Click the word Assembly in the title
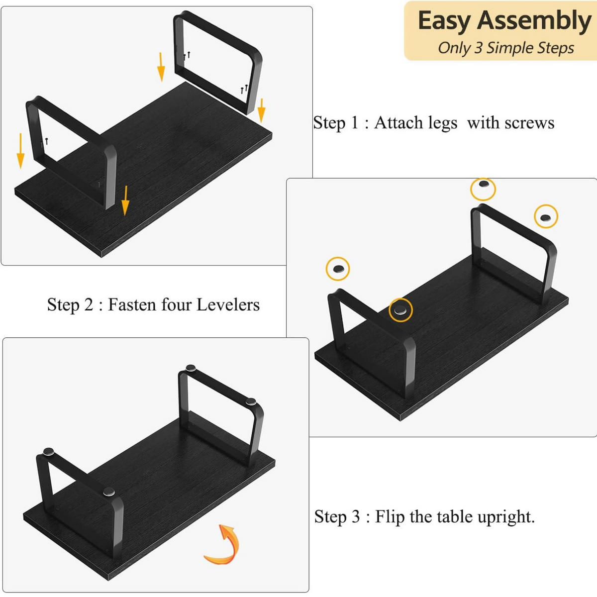pyautogui.click(x=534, y=21)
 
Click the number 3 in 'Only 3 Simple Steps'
pyautogui.click(x=478, y=48)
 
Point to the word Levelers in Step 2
pyautogui.click(x=228, y=304)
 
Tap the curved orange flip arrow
pyautogui.click(x=223, y=544)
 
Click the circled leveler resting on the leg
pyautogui.click(x=400, y=310)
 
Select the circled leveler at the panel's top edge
pyautogui.click(x=483, y=189)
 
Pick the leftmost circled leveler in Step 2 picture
pyautogui.click(x=338, y=269)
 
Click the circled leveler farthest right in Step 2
pyautogui.click(x=546, y=216)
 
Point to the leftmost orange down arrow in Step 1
pyautogui.click(x=20, y=151)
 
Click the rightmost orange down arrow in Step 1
pyautogui.click(x=262, y=110)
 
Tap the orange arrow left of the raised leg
pyautogui.click(x=161, y=67)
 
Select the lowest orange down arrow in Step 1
pyautogui.click(x=125, y=201)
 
